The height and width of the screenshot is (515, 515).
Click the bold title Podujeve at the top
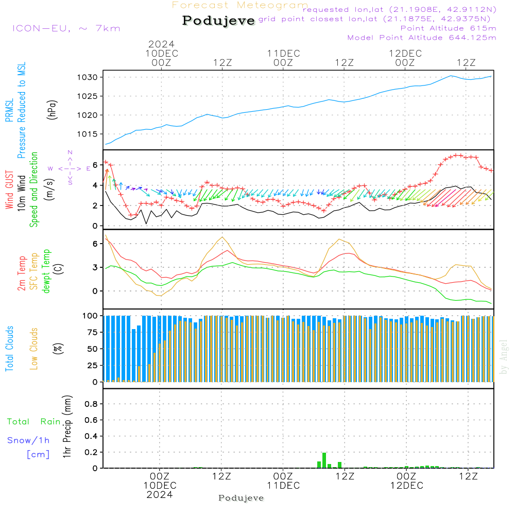pos(218,21)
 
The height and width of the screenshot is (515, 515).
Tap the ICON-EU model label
pos(66,28)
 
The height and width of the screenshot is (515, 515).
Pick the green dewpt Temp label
pos(47,271)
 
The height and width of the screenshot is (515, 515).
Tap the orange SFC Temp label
pos(34,271)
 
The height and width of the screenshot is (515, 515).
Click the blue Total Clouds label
pos(9,349)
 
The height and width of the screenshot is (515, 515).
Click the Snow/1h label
pos(29,440)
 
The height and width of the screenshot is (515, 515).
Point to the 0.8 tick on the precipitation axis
pos(91,404)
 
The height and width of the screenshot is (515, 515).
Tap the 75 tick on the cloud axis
pos(91,332)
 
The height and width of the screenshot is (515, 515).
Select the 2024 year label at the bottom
pos(160,494)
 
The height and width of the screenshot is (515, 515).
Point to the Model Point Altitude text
pos(422,38)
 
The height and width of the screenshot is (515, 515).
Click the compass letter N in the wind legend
pos(70,152)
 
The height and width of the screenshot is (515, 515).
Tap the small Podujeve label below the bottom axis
pos(241,498)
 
